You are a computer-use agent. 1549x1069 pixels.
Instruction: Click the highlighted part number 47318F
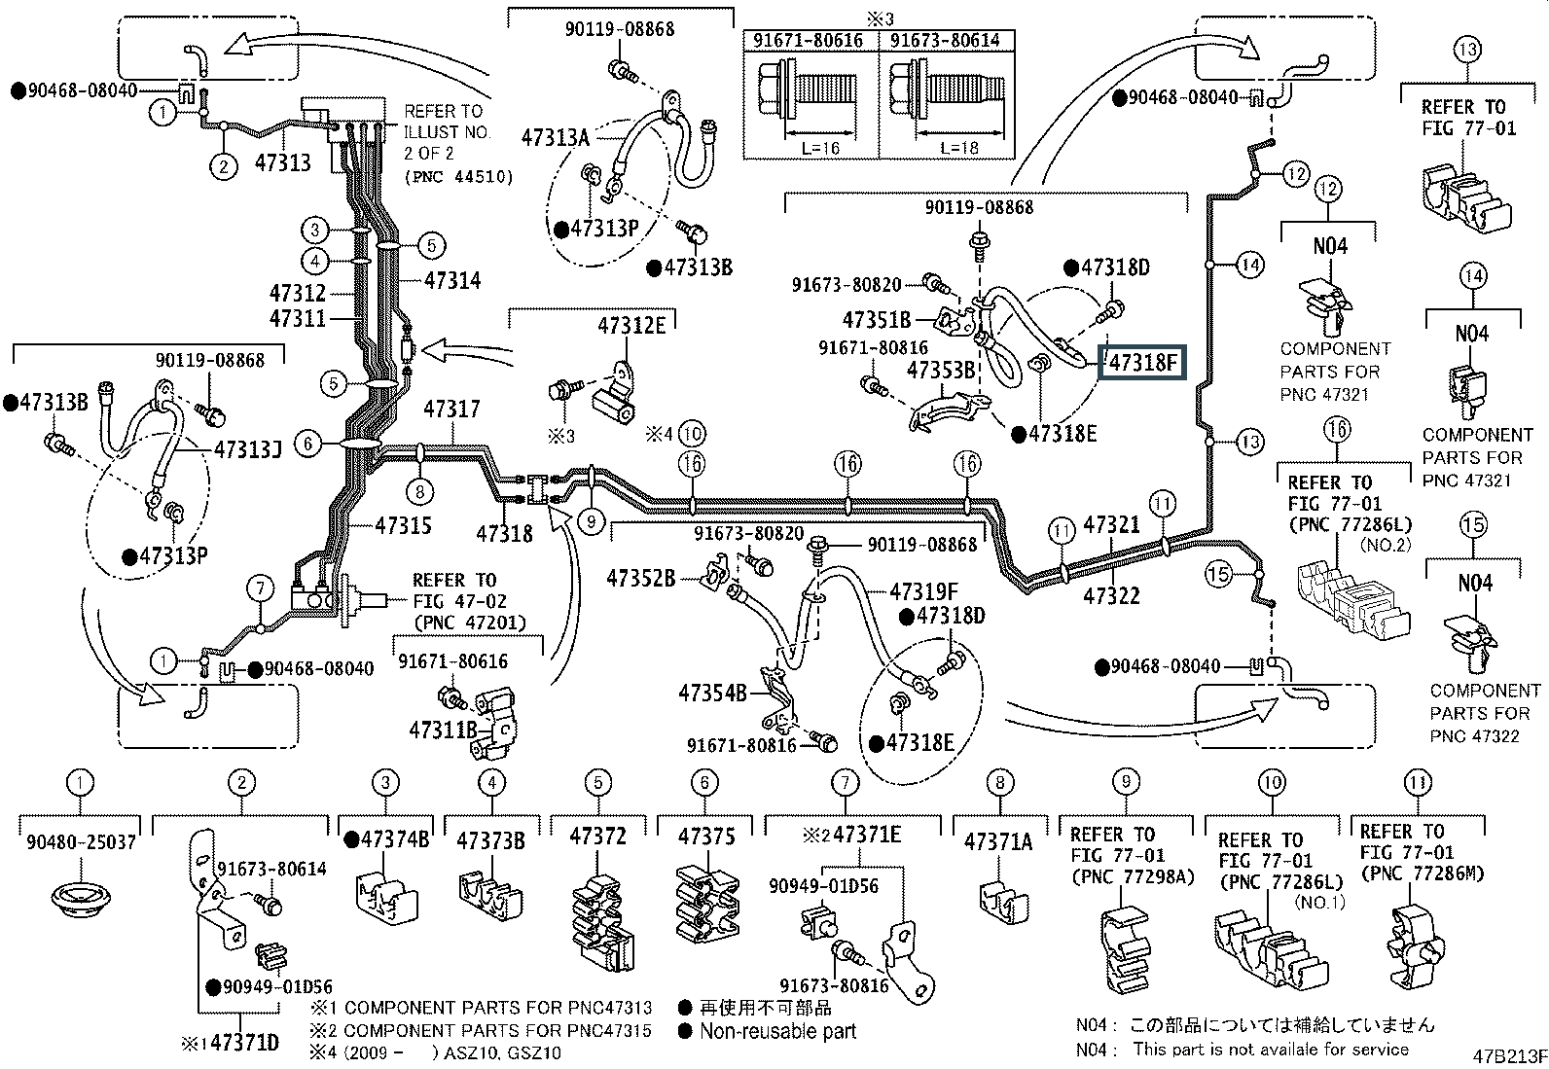(x=1142, y=362)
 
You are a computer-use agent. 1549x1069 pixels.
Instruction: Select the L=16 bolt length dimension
(x=820, y=147)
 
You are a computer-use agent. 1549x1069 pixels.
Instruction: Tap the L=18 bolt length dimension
(x=958, y=147)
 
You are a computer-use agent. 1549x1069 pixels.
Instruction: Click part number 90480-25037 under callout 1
(x=81, y=842)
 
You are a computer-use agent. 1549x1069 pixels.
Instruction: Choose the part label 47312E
(x=631, y=326)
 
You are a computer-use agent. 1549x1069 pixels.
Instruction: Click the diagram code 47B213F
(x=1509, y=1055)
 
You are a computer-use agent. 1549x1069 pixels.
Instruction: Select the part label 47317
(x=451, y=409)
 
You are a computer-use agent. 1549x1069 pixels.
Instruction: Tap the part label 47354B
(x=712, y=693)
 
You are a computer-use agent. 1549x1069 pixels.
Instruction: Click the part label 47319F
(x=924, y=592)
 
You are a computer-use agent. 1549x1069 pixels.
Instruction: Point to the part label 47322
(x=1111, y=595)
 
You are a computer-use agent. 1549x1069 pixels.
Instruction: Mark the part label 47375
(x=706, y=837)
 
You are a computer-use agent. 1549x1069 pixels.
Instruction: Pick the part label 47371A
(x=998, y=841)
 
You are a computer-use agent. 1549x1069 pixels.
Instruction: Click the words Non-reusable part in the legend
(x=778, y=1031)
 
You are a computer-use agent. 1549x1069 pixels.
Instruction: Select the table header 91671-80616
(x=808, y=40)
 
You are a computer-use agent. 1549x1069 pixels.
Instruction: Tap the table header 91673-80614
(x=945, y=40)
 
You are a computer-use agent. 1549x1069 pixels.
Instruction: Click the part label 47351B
(x=877, y=319)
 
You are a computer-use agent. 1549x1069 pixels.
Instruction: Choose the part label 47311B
(x=444, y=730)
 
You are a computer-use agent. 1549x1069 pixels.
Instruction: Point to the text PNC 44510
(x=459, y=177)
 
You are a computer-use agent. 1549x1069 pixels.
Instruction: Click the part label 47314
(x=452, y=280)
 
